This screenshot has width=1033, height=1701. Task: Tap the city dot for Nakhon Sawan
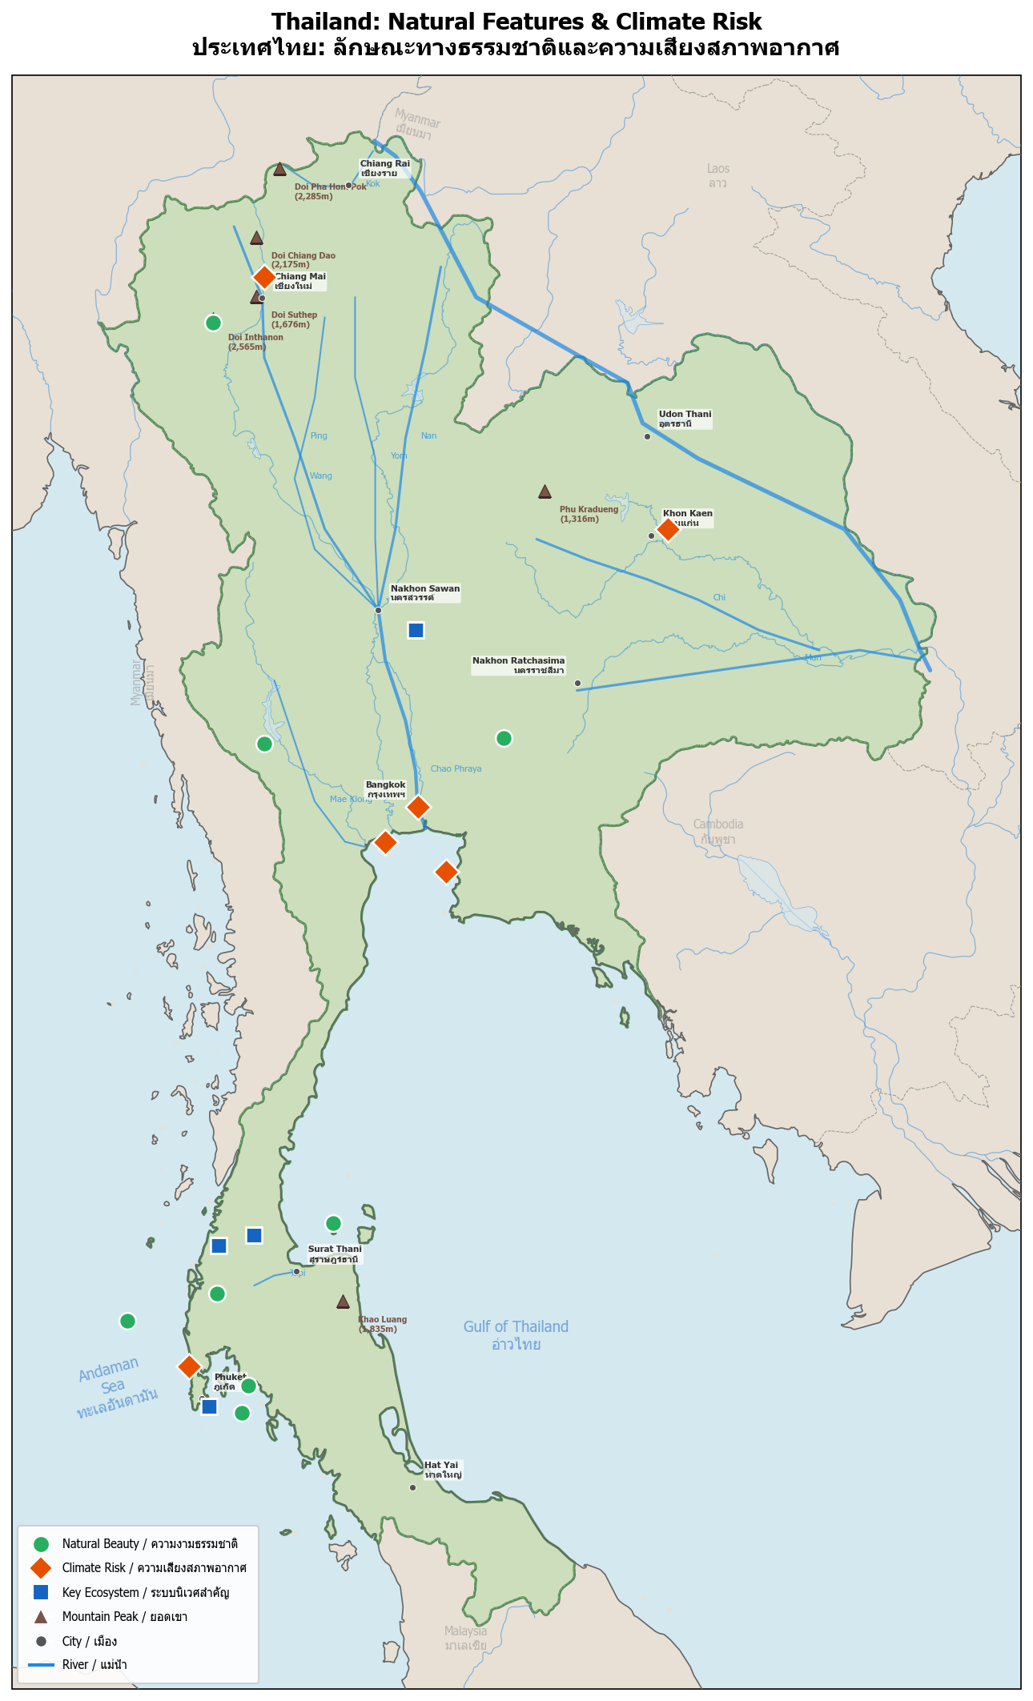tap(378, 610)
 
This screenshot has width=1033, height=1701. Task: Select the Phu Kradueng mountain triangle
tap(545, 491)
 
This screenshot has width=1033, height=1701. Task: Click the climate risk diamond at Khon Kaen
tap(667, 529)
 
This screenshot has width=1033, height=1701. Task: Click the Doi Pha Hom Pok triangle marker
tap(279, 169)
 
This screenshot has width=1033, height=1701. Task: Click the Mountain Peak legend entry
tap(124, 1616)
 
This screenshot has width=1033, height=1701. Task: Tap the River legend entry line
tap(42, 1664)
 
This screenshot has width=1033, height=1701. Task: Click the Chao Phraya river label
tap(456, 768)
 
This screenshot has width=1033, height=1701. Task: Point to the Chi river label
tap(719, 597)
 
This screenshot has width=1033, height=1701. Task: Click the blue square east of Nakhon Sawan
tap(416, 630)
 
